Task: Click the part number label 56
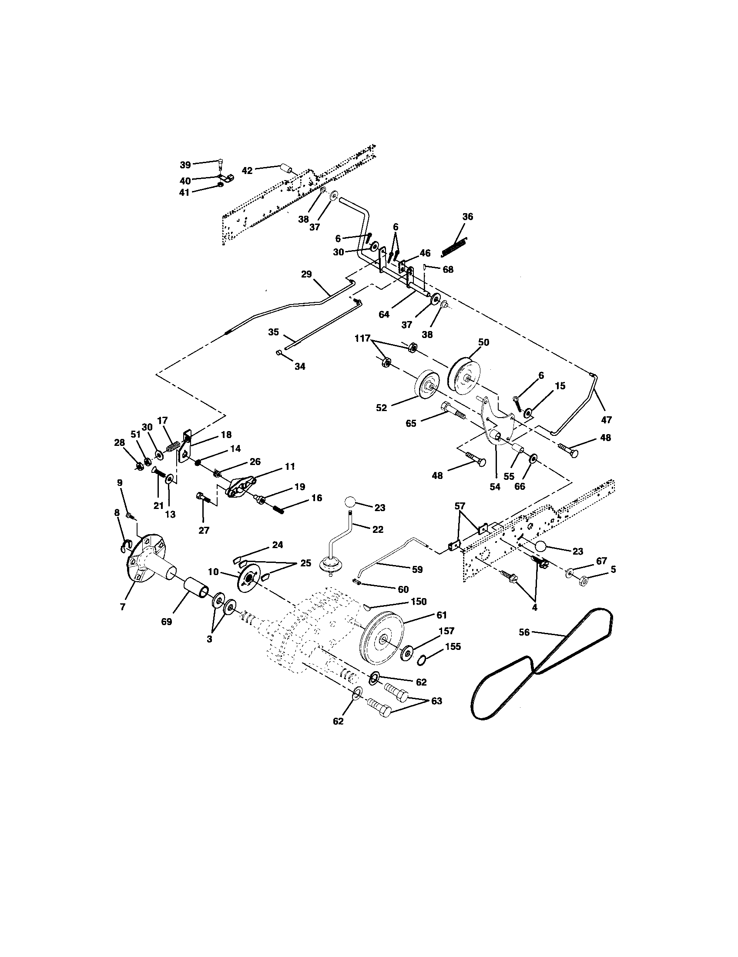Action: (x=524, y=632)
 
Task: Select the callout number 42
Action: (x=247, y=171)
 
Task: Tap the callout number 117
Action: (x=362, y=338)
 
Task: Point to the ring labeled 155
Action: (x=421, y=660)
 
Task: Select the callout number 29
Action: (x=306, y=274)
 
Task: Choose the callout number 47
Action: (x=606, y=419)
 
